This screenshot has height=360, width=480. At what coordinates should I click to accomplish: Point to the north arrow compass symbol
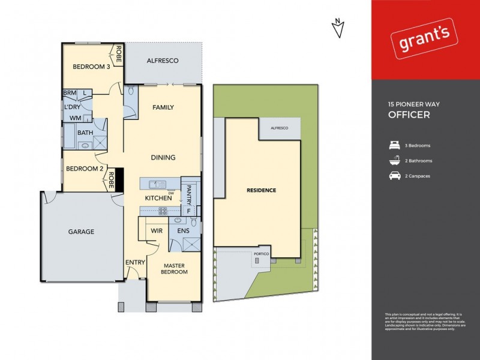click(x=339, y=28)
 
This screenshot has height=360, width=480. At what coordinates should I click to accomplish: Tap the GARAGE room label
click(x=80, y=232)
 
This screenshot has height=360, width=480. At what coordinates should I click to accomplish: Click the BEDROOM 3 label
click(x=91, y=67)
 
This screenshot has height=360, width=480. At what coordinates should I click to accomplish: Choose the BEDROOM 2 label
click(x=83, y=169)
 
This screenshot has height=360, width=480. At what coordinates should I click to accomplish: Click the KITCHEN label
click(x=158, y=198)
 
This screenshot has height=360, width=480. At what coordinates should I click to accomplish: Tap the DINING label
click(x=163, y=158)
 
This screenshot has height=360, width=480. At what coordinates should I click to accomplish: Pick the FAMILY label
click(x=163, y=107)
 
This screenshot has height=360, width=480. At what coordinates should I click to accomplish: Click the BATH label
click(x=85, y=133)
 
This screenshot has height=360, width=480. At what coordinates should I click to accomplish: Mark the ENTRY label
click(x=135, y=262)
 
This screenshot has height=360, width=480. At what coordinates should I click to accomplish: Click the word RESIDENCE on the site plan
click(x=262, y=191)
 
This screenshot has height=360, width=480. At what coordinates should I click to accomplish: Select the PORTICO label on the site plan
click(x=262, y=253)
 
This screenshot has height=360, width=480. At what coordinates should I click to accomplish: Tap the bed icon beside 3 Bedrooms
click(x=394, y=145)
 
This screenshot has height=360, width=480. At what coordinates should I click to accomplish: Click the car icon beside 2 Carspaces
click(x=394, y=176)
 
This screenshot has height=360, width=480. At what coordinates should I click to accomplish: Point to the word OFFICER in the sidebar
click(x=409, y=115)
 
